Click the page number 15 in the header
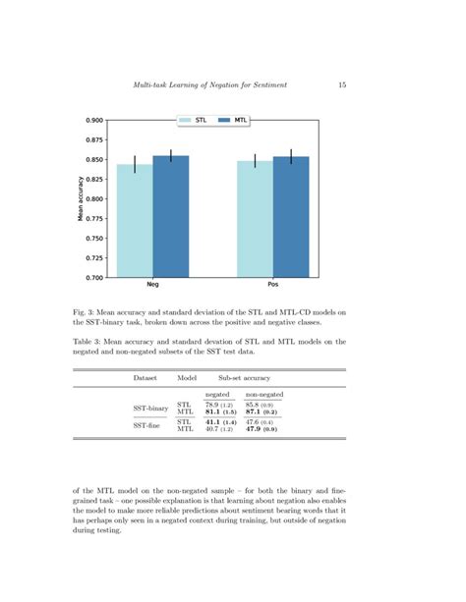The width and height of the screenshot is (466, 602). pos(341,85)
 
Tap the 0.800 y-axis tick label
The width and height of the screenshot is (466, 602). pos(94,199)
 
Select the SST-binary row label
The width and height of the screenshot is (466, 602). pos(150,407)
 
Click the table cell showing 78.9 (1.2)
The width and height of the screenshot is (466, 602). pos(218,404)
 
